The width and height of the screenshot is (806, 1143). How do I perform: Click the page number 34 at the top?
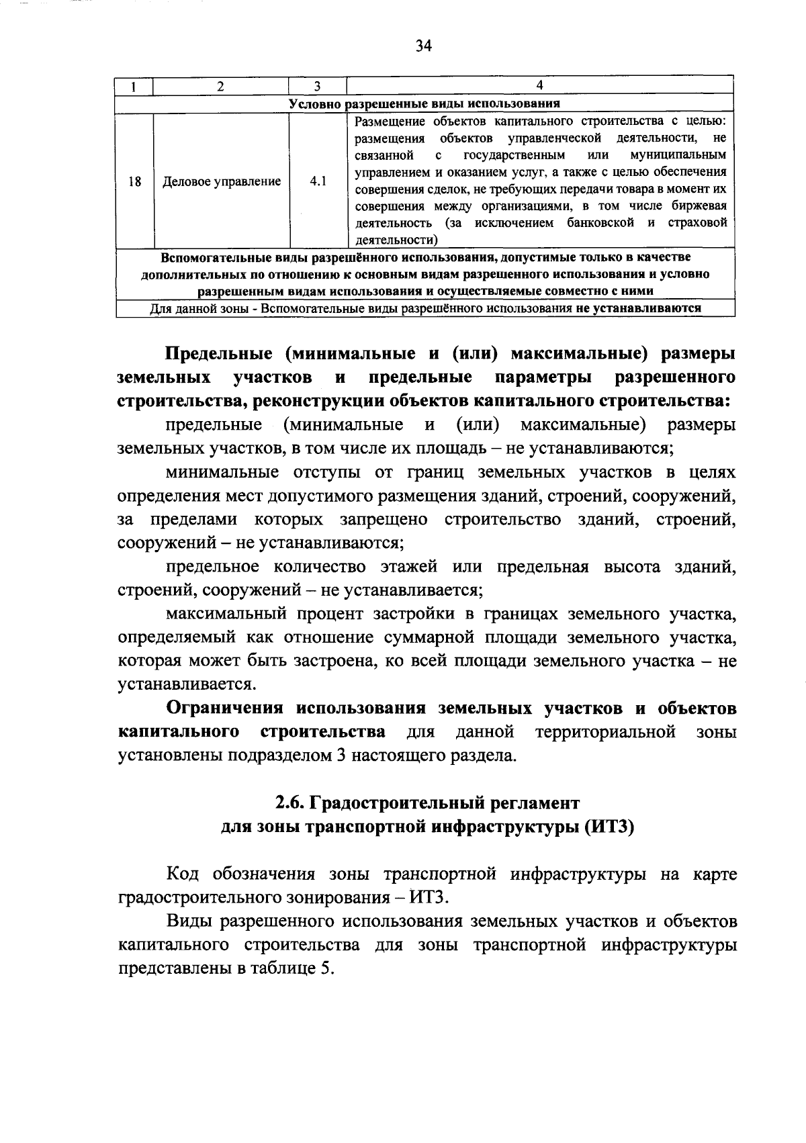pos(422,46)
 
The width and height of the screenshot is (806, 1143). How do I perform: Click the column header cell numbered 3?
pos(317,86)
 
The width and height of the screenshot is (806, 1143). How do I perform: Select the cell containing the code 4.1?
pos(317,181)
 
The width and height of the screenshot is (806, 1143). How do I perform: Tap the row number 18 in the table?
pos(134,181)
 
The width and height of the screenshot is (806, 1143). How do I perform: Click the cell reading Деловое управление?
pos(221,181)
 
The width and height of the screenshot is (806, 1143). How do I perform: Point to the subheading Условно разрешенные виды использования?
pos(424,103)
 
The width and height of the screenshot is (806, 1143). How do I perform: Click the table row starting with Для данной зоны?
pos(424,308)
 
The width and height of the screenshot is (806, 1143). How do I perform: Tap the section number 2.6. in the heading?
pos(292,803)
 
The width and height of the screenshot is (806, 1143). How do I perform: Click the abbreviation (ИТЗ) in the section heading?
pos(608,827)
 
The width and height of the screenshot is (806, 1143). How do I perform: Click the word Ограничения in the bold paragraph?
pos(227,708)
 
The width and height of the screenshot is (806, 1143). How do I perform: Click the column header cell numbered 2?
pos(221,86)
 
